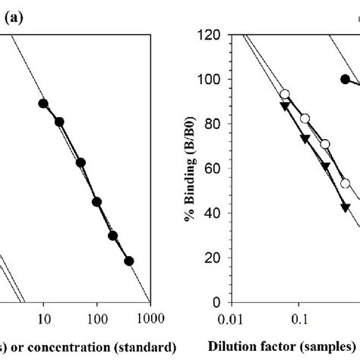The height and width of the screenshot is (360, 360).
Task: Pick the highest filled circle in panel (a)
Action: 43,103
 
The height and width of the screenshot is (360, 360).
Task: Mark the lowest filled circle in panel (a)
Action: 128,261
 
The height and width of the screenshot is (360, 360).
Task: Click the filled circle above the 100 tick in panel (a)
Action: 96,201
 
